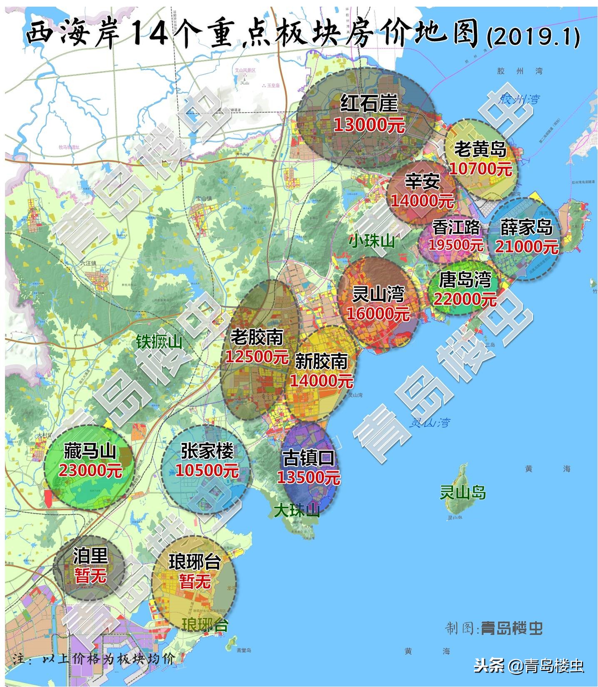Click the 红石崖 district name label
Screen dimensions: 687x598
click(x=369, y=104)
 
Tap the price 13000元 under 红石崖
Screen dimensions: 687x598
click(x=369, y=124)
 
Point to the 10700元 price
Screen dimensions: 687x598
click(x=481, y=169)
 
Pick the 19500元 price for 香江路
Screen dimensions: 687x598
click(x=456, y=245)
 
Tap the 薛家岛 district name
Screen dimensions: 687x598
click(x=526, y=227)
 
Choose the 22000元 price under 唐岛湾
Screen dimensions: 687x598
click(x=465, y=299)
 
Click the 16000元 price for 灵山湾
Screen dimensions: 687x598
click(x=378, y=314)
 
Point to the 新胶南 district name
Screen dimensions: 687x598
click(x=321, y=361)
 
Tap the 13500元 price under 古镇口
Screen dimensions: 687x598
click(x=309, y=477)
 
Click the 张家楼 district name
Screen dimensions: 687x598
click(x=207, y=451)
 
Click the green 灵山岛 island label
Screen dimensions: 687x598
click(x=463, y=493)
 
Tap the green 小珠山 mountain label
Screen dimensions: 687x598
click(x=371, y=241)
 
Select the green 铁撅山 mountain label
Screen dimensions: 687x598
click(x=159, y=342)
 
